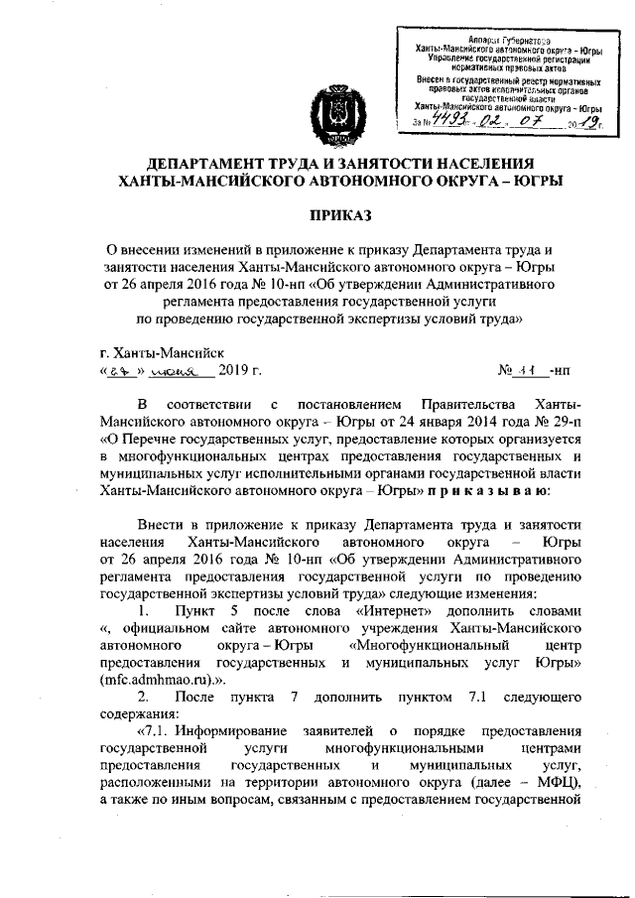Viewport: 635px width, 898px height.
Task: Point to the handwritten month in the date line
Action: pyautogui.click(x=180, y=371)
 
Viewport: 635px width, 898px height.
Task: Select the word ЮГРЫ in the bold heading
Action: pyautogui.click(x=533, y=181)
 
